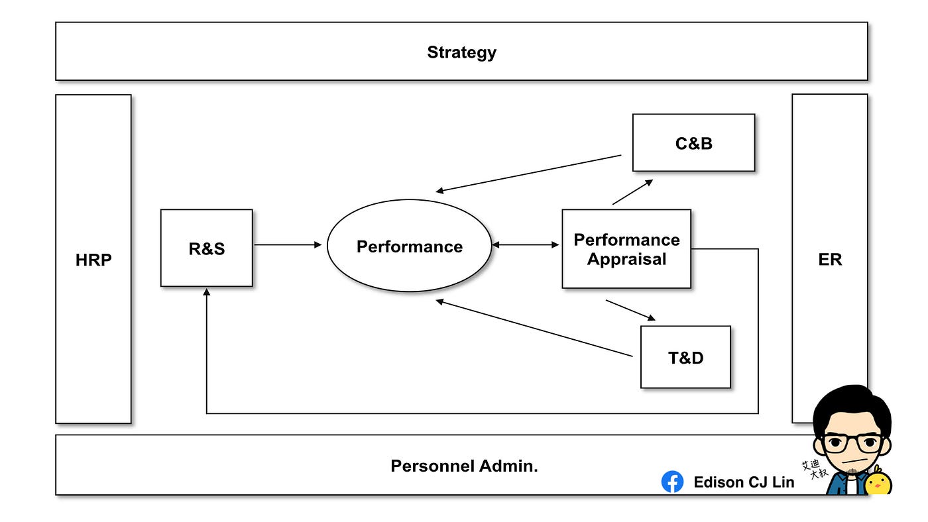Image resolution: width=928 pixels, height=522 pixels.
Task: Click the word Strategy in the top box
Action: (461, 52)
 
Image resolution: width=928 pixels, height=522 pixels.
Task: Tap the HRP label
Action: (93, 260)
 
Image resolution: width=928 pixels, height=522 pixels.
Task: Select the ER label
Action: (830, 260)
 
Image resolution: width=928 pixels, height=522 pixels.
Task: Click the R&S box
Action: (207, 248)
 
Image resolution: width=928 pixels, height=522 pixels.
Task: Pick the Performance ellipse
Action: (410, 246)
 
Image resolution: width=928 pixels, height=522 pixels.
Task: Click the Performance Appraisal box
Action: (626, 249)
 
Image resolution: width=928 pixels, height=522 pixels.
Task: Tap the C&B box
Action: (693, 143)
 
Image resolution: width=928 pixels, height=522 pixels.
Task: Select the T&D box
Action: (685, 357)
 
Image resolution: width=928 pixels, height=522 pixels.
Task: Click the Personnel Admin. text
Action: (464, 466)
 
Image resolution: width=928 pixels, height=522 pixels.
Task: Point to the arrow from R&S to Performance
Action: (288, 244)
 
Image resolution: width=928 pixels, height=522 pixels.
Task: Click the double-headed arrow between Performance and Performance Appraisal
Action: (525, 244)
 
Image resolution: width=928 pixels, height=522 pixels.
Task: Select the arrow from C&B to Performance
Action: (528, 174)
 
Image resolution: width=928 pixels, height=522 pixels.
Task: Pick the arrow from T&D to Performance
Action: (534, 328)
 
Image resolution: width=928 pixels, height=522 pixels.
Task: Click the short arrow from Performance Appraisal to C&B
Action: (632, 192)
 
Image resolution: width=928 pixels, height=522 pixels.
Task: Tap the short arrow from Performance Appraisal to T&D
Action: (630, 310)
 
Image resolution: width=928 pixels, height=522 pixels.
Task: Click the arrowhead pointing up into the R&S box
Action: (207, 292)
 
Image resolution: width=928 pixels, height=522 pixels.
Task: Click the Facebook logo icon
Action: (672, 482)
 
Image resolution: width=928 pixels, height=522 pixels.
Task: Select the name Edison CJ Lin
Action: (744, 482)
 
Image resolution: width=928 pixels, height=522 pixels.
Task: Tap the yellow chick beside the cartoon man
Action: (878, 481)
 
